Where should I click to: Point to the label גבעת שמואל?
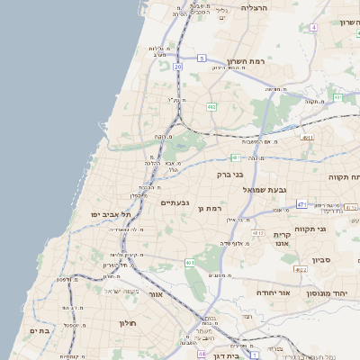tap(264, 190)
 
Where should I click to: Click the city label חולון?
tap(126, 321)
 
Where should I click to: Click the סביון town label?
tap(322, 259)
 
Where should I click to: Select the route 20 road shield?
tap(178, 67)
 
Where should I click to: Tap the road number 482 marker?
tap(211, 107)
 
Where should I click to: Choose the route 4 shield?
tap(313, 28)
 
